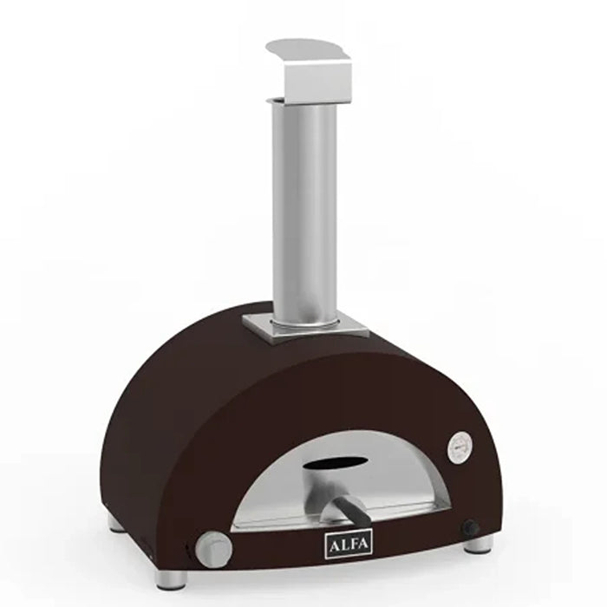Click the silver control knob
point(212,547)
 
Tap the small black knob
point(471,527)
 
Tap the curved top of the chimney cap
point(308,47)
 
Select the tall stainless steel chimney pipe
point(304,208)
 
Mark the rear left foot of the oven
point(116,523)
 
